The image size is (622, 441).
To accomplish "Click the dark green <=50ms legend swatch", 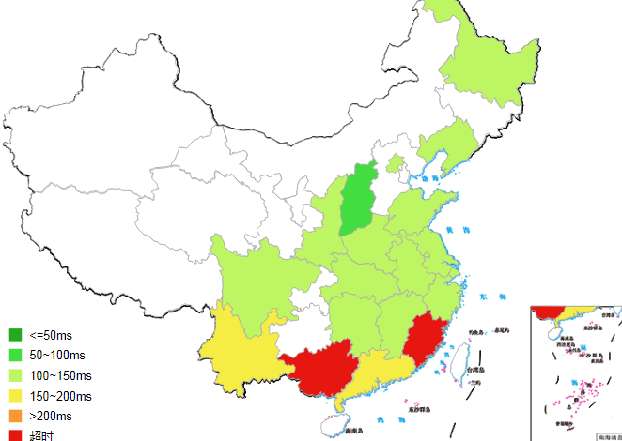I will point(15,335).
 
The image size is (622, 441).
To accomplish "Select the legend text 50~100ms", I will point(56,356).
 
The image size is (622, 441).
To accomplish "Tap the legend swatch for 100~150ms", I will point(15,375).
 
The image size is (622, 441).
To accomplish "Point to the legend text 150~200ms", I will point(60,396).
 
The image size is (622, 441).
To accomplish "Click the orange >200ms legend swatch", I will point(15,416).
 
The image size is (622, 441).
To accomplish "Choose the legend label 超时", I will point(41,435).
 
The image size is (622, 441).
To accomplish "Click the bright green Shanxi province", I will point(356,201).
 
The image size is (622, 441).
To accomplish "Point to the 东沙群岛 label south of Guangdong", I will point(420,409).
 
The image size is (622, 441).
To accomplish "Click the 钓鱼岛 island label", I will point(475,331).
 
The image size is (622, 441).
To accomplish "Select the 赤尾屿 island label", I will point(500,330).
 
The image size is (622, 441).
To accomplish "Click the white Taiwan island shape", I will point(460,357).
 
